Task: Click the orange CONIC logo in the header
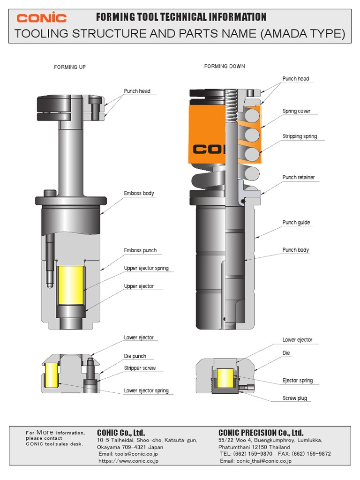tap(42, 18)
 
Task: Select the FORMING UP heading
tap(70, 67)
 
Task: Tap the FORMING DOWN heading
tap(225, 66)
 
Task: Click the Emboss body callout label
tap(139, 193)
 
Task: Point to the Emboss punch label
tap(140, 250)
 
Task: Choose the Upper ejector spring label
tap(146, 268)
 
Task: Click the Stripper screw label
tap(140, 368)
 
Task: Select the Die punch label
tap(135, 356)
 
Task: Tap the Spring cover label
tap(296, 111)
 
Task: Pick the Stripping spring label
tap(300, 136)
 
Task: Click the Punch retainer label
tap(299, 177)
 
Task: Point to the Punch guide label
tap(296, 223)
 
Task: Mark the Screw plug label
tap(295, 398)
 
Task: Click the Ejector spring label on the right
tap(298, 381)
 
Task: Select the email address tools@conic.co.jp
tap(128, 454)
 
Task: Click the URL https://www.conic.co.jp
tap(128, 461)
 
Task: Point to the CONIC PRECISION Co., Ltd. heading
tap(261, 432)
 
